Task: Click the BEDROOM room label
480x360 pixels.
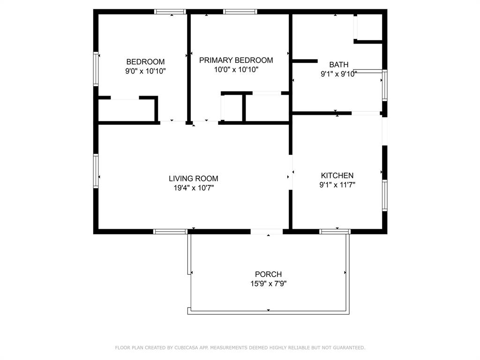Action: tap(145, 62)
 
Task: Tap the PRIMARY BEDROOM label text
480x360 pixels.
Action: tap(236, 60)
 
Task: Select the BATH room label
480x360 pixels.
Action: tap(338, 65)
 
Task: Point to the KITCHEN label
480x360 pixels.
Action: tap(337, 175)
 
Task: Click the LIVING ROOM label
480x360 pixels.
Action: tap(193, 179)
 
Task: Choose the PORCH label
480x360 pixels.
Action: tap(268, 274)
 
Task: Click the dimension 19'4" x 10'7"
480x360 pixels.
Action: tap(193, 188)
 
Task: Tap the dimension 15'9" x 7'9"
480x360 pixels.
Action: tap(268, 284)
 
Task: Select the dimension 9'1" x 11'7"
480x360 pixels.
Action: tap(337, 185)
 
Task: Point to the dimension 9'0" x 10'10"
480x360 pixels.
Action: tap(145, 71)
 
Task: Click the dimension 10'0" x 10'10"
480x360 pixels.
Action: tap(236, 69)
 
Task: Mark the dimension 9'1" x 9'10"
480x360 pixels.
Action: tap(338, 74)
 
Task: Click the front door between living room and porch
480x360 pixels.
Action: tap(266, 231)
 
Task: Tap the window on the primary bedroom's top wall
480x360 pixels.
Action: tap(240, 12)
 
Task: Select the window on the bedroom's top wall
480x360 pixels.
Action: tap(170, 12)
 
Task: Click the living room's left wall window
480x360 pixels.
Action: tap(96, 171)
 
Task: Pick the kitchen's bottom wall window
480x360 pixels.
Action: tap(335, 231)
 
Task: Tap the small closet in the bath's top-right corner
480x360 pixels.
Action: tap(370, 27)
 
